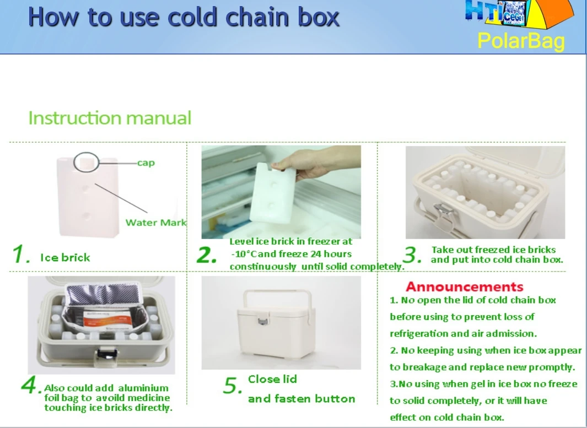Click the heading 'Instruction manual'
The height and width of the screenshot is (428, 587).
(110, 118)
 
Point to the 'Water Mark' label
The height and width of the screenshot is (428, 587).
(156, 223)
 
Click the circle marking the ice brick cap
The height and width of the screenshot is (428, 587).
(84, 161)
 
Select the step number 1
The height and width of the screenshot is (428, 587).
(21, 255)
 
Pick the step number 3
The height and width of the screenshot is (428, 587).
(413, 254)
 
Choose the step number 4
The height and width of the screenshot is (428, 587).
(31, 386)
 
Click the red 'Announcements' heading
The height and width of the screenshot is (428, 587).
(464, 286)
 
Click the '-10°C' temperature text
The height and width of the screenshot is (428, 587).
(247, 254)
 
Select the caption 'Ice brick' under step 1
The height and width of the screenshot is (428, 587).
(65, 257)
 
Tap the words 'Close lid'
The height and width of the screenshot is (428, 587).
(272, 379)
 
